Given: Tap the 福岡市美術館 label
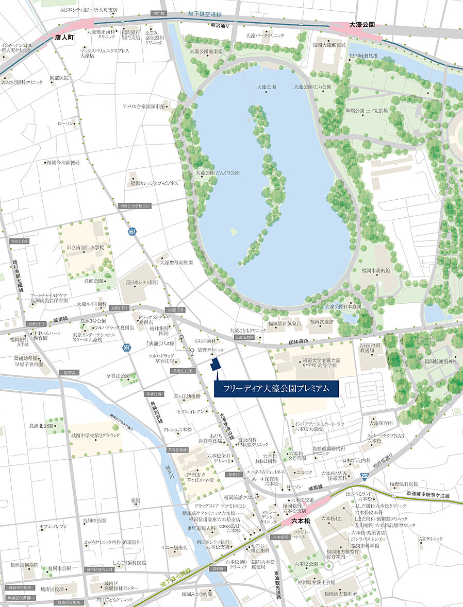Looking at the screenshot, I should (376, 270).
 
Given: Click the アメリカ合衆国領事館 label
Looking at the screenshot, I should (143, 106).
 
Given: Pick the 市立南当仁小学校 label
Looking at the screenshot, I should (85, 248).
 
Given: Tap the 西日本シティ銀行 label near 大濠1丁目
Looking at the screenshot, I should (141, 282).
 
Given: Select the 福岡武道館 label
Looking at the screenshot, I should (321, 321).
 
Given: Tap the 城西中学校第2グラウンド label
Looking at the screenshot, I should (95, 436).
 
